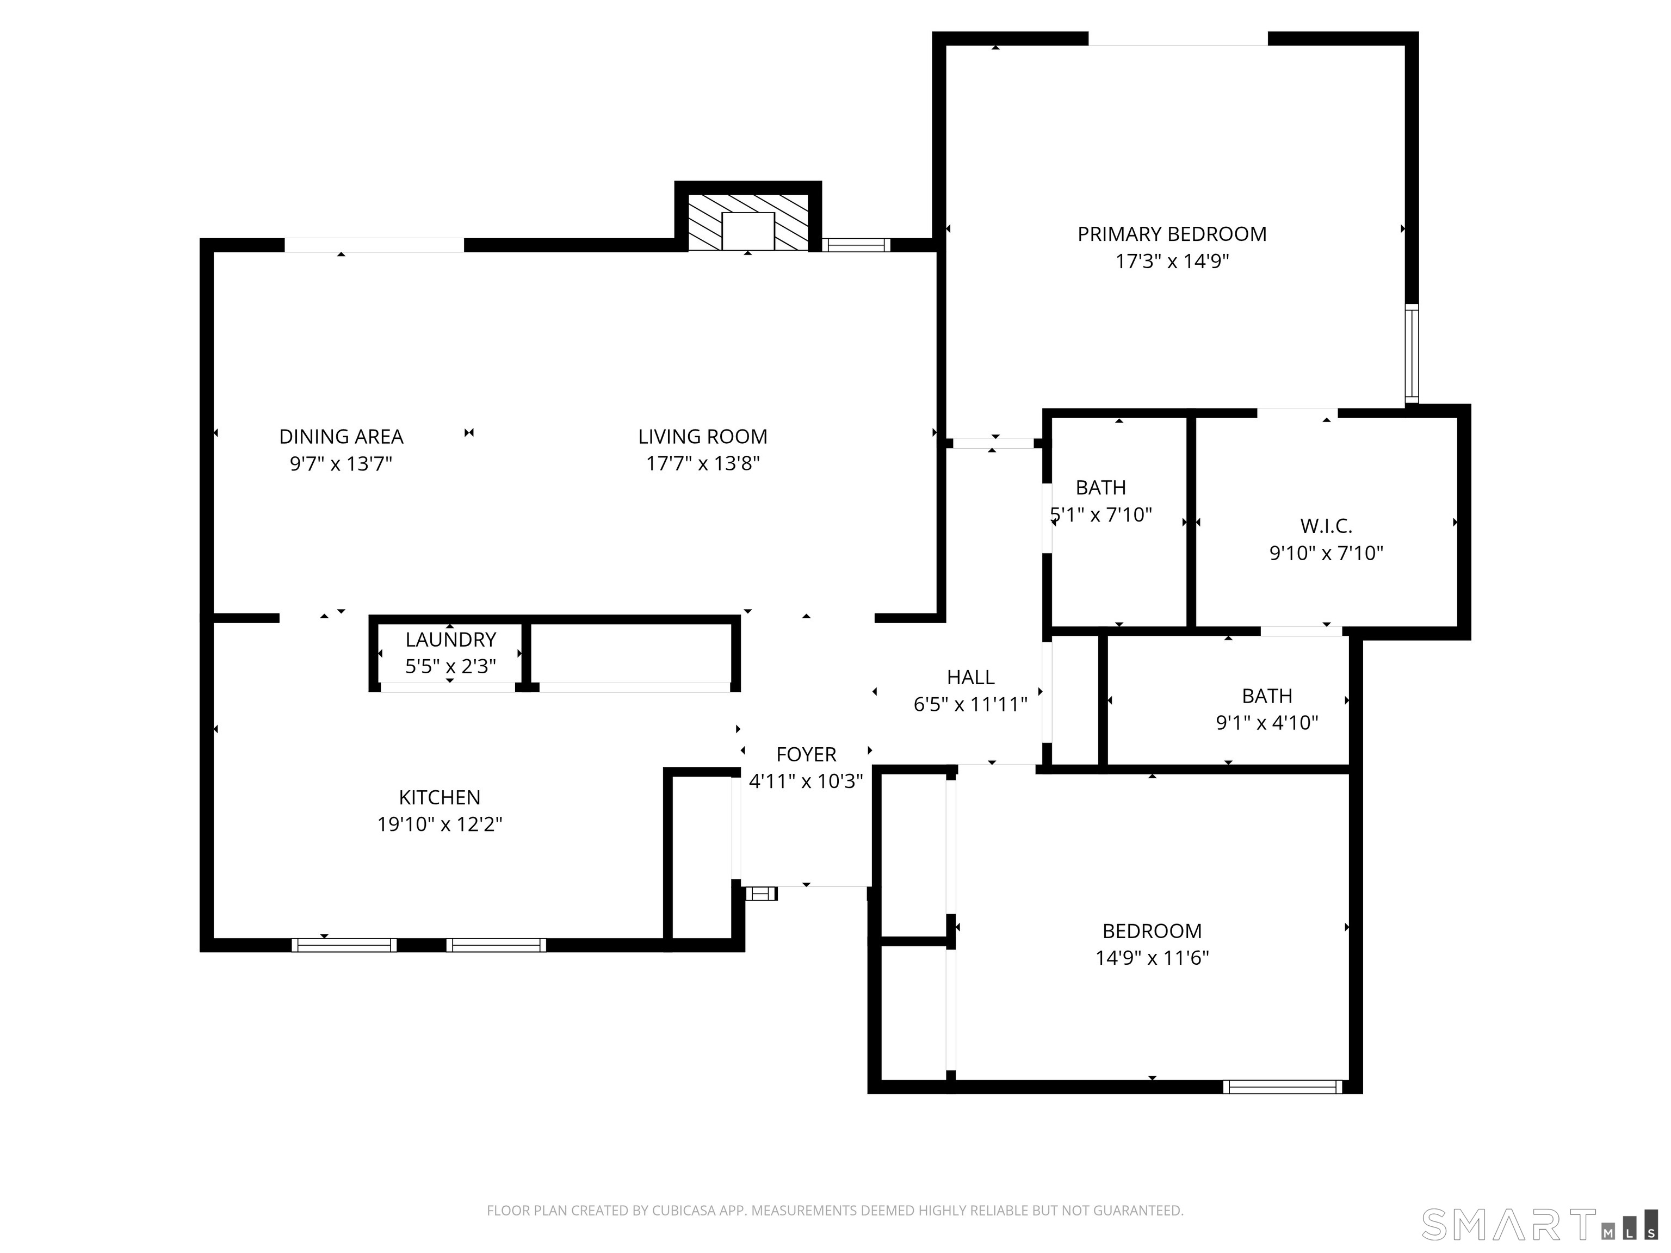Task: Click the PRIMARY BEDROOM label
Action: point(1172,234)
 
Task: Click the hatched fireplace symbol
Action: point(748,223)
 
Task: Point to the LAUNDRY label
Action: point(450,640)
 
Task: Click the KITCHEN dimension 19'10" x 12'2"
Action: point(440,824)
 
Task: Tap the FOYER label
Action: point(806,754)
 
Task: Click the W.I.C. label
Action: point(1326,526)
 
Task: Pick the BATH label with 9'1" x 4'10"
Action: point(1267,696)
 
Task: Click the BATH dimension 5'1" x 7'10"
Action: point(1101,515)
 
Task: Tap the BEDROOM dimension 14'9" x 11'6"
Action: point(1152,958)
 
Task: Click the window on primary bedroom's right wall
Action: point(1411,353)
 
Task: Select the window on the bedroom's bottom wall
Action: point(1282,1087)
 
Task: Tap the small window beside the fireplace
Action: point(855,245)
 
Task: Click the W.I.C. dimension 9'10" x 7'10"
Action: point(1326,554)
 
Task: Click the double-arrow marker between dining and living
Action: point(469,433)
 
